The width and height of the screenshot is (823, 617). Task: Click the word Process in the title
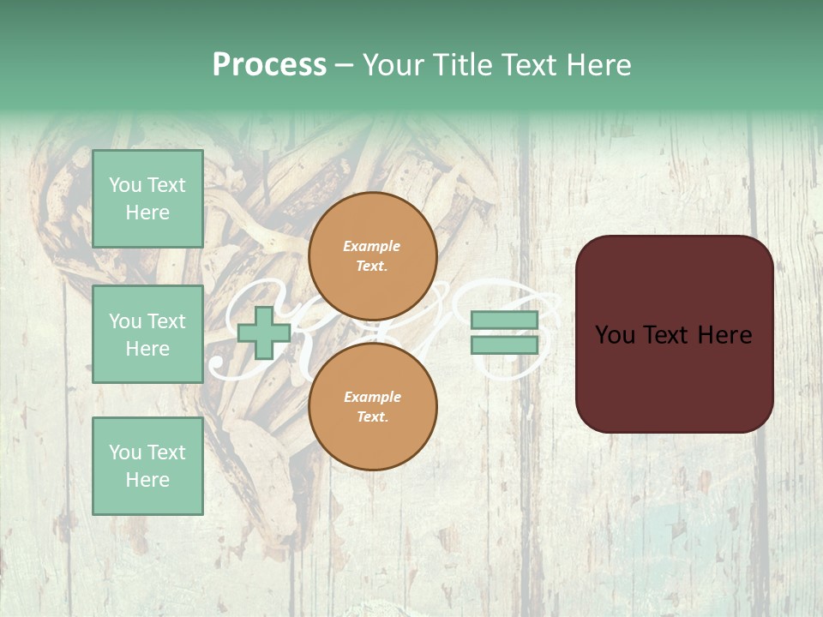tap(269, 65)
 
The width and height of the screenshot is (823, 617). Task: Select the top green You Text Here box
tap(147, 199)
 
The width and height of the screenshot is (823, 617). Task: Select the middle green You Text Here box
tap(147, 334)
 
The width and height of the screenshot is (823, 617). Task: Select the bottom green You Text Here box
tap(147, 465)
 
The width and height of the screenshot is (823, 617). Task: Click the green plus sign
tap(263, 333)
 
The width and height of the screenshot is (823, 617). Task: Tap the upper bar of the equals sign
tap(504, 320)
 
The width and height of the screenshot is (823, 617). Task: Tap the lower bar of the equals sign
tap(504, 345)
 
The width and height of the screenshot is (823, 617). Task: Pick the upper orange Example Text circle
tap(372, 255)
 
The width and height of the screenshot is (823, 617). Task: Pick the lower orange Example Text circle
tap(372, 406)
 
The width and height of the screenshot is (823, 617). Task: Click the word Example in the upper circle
tap(372, 246)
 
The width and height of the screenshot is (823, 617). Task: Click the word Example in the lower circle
tap(372, 397)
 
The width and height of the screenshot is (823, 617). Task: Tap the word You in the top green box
tap(125, 185)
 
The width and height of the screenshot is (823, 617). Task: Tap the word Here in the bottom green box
tap(147, 480)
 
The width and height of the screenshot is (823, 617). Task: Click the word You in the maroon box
tap(615, 335)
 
